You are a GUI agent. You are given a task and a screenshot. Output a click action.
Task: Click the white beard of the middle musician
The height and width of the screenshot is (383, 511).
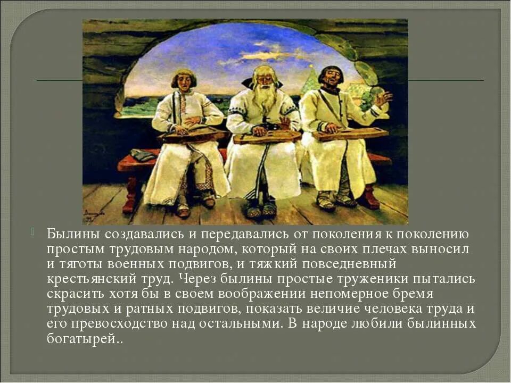click(265, 98)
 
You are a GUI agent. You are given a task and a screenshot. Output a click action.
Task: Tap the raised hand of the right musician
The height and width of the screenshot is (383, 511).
click(383, 98)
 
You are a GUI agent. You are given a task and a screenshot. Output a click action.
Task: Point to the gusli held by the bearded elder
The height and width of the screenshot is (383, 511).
click(267, 137)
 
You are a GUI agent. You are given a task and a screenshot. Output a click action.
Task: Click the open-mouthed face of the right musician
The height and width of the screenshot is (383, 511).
click(331, 81)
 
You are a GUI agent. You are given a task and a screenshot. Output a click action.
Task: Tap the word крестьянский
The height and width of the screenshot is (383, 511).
click(83, 279)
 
